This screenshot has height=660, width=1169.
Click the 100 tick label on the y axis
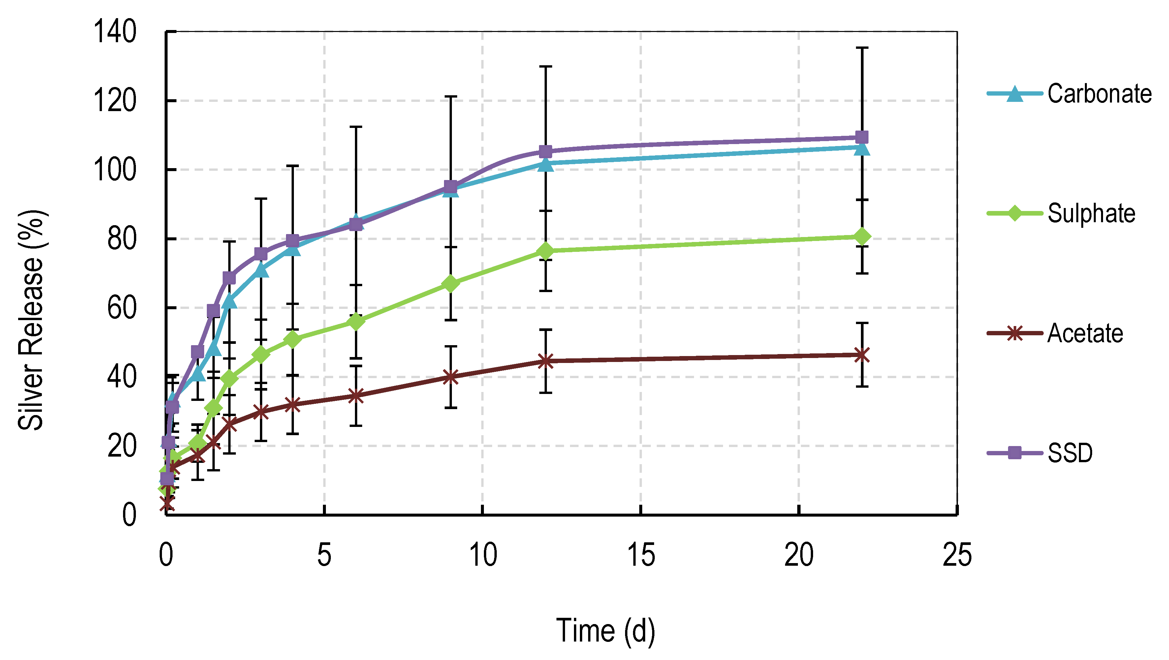pos(114,170)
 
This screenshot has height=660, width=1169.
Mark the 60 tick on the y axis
pos(122,308)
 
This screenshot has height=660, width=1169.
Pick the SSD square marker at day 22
pos(861,137)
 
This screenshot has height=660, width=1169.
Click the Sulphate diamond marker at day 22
pos(861,236)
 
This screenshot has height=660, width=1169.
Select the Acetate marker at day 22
pos(861,355)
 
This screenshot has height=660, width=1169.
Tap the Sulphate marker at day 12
pos(546,251)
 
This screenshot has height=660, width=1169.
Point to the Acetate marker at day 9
pos(450,377)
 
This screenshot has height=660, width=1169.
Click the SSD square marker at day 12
pos(546,151)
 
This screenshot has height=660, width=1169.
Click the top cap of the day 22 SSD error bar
pos(861,47)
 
